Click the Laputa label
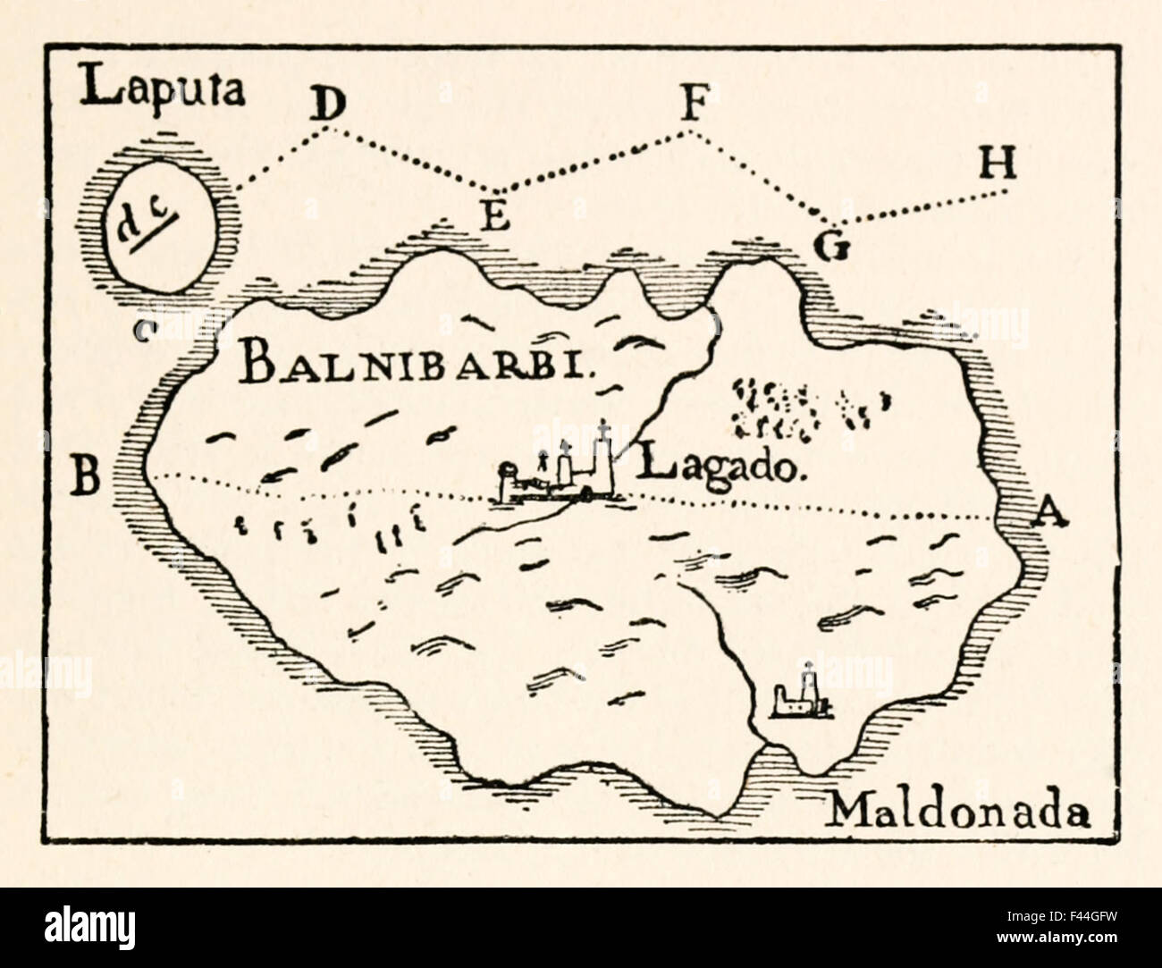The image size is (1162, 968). point(163,90)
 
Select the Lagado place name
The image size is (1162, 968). point(725,466)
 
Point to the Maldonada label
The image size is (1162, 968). point(960,812)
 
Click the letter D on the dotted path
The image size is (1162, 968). point(328,106)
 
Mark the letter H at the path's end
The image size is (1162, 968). point(998,163)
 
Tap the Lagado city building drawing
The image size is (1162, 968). point(561,469)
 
